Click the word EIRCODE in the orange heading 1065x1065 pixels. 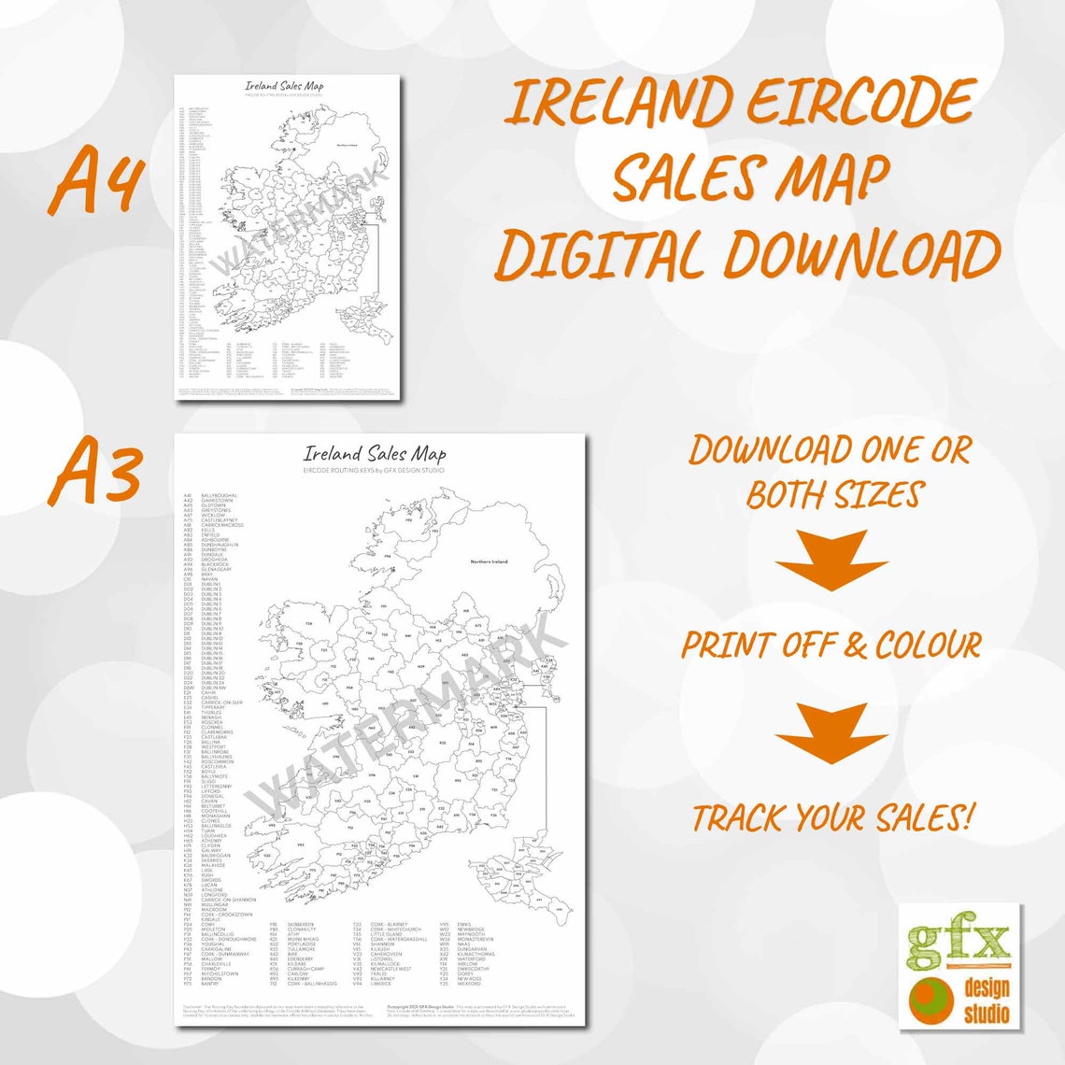pos(858,101)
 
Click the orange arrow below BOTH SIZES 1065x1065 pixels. pos(831,560)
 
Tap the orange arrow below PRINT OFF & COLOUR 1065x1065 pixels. pos(831,733)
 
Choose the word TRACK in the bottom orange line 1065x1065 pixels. pos(739,818)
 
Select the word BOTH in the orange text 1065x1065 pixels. pos(787,494)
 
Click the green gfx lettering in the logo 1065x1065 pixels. pos(958,945)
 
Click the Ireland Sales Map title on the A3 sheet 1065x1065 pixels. pos(375,454)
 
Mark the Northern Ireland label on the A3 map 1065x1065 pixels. pos(490,561)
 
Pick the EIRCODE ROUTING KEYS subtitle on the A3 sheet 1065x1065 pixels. pos(374,470)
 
